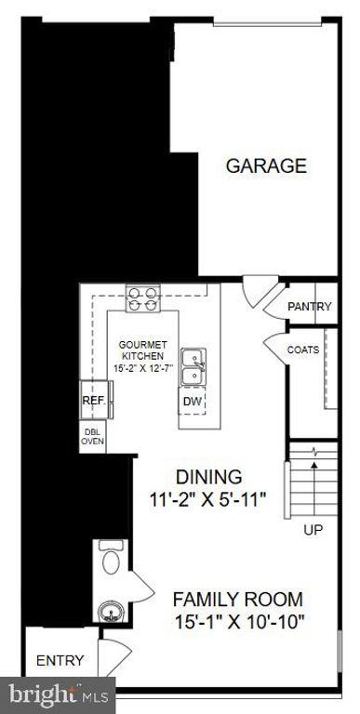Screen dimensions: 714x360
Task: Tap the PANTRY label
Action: (309, 307)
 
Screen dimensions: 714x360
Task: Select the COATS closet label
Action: (303, 350)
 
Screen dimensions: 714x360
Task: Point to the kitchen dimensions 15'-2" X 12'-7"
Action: (142, 369)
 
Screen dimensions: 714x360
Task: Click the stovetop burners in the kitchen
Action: (142, 297)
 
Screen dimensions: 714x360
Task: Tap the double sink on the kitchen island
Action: (193, 365)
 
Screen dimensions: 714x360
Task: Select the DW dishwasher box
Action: (193, 402)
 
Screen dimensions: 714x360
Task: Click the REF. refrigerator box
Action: (93, 401)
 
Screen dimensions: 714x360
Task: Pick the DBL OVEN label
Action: (93, 436)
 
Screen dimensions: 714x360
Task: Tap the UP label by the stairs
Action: (314, 530)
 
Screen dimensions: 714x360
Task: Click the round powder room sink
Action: (110, 612)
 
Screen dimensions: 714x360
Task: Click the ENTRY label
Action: (60, 661)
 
